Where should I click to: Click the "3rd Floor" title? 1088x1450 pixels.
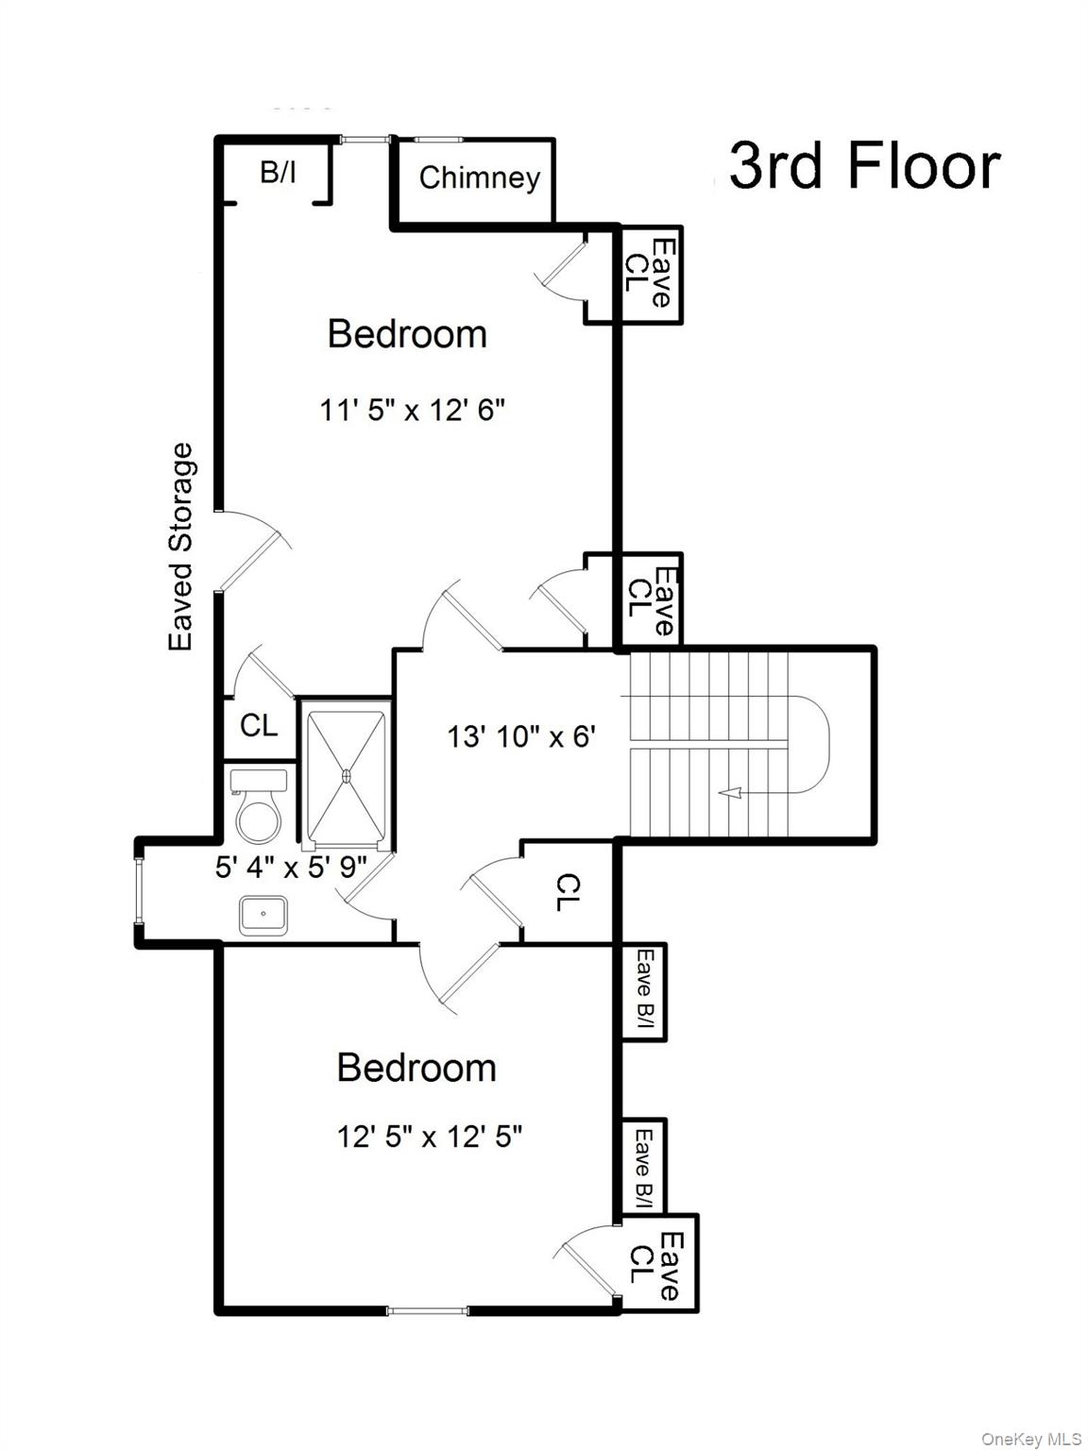point(863,166)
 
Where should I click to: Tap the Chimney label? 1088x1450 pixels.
point(479,177)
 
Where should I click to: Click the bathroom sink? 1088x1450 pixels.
point(263,915)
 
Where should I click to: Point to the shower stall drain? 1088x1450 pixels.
point(346,776)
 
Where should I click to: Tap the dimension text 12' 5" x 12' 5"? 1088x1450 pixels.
point(430,1137)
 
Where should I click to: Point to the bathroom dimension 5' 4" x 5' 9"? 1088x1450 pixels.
point(290,867)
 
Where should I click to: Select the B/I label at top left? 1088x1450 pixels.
point(278,173)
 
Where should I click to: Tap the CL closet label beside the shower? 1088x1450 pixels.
point(259,725)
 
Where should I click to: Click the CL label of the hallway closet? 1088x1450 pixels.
point(567,892)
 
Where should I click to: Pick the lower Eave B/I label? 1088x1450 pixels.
point(645,1168)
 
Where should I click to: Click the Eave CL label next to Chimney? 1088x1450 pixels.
point(650,274)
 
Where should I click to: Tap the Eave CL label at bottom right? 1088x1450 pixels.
point(655,1264)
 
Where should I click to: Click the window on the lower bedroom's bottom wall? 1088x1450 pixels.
point(428,1310)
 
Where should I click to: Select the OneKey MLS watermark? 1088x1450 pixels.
point(1031,1439)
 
